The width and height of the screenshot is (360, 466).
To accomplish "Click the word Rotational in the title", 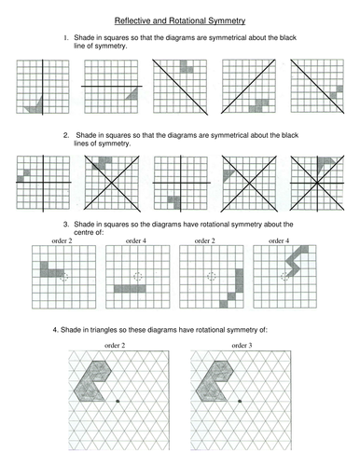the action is click(187, 21).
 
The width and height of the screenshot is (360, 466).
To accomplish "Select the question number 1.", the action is click(66, 38).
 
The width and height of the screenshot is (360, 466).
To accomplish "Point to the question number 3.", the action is click(66, 225).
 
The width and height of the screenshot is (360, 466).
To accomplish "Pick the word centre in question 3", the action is click(83, 232).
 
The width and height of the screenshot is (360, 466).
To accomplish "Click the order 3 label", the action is click(242, 346).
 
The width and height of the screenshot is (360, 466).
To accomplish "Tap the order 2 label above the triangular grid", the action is click(115, 346).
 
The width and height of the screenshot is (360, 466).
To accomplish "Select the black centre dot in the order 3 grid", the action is click(240, 401).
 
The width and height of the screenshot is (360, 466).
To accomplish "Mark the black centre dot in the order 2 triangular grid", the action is click(118, 401).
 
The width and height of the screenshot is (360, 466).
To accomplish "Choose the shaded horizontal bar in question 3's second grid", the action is click(130, 289).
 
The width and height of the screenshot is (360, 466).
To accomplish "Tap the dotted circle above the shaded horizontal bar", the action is click(138, 277).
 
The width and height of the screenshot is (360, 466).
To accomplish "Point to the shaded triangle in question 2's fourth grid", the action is click(227, 174).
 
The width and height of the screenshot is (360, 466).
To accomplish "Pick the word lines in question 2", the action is click(81, 144).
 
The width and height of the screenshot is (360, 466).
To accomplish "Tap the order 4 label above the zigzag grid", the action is click(279, 240).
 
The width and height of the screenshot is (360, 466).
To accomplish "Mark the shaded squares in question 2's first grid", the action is click(23, 175).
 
